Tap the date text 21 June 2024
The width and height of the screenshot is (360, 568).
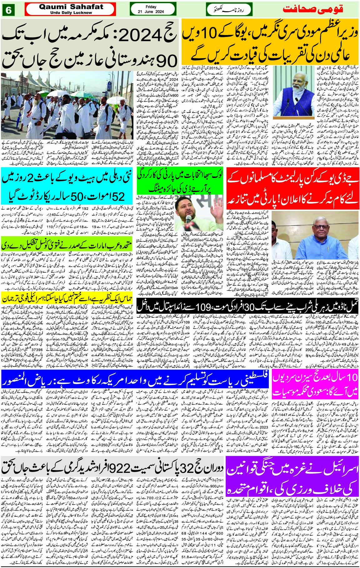[153, 12]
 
